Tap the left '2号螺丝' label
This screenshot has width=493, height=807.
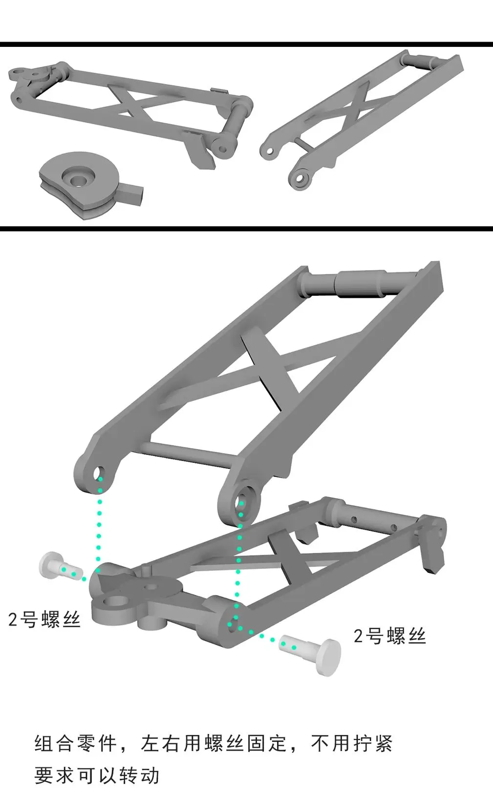(x=44, y=619)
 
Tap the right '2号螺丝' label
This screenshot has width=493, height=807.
(x=389, y=636)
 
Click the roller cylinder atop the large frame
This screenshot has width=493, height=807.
(x=359, y=283)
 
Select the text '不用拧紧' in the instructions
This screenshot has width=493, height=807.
(x=352, y=743)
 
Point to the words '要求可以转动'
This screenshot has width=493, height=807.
(x=97, y=775)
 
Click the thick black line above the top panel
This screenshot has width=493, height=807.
(x=246, y=44)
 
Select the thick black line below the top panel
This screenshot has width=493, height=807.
(x=246, y=229)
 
